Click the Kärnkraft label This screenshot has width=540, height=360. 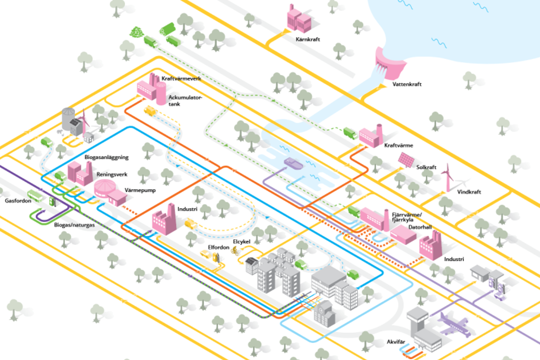point(307,39)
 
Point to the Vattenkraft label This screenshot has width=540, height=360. point(407,84)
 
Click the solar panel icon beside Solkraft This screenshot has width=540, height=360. point(407,159)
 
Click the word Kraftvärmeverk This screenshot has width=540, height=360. point(181,79)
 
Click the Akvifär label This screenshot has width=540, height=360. point(396,342)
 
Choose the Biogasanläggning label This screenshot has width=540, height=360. point(107,157)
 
